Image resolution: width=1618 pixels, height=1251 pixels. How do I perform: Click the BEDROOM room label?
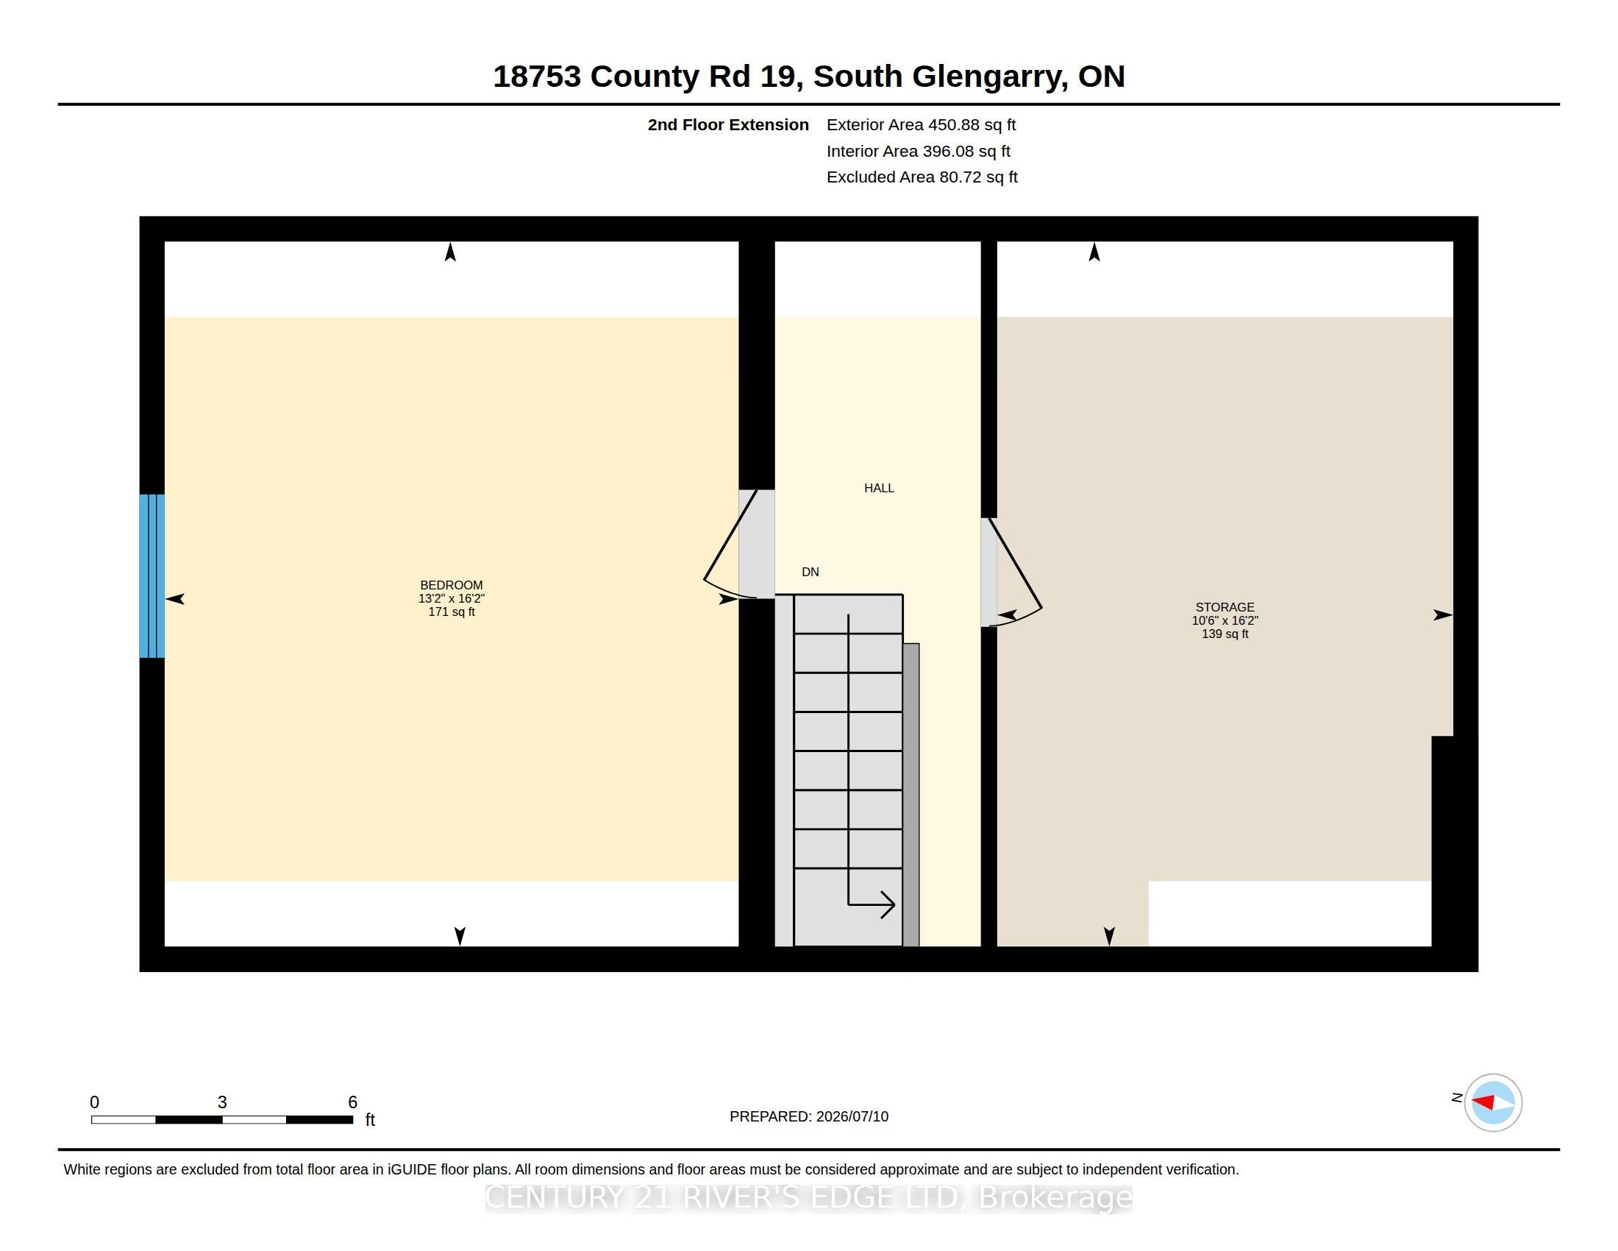(x=451, y=586)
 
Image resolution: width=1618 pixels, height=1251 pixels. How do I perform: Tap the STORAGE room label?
(x=1225, y=607)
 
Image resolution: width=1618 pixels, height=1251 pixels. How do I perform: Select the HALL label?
(x=879, y=488)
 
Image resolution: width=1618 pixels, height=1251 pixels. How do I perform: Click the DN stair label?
(x=810, y=571)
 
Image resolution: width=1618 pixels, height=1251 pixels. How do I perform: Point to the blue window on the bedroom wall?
(x=152, y=576)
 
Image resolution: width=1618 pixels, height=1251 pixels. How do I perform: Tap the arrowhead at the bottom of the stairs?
(x=888, y=904)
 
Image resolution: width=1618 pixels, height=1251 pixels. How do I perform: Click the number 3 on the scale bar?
(x=221, y=1102)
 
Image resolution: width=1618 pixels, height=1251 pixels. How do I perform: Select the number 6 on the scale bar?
(x=352, y=1102)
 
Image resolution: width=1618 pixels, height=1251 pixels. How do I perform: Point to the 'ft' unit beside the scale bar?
(x=371, y=1120)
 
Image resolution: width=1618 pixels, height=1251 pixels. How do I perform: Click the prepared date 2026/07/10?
(x=852, y=1116)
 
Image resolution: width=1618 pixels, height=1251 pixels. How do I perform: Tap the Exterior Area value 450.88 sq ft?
(x=972, y=124)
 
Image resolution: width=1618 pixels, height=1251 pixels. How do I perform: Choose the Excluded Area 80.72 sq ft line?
(x=922, y=177)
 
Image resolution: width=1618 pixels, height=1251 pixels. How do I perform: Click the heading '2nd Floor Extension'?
(x=728, y=124)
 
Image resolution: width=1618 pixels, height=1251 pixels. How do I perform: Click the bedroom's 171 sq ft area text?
(x=451, y=612)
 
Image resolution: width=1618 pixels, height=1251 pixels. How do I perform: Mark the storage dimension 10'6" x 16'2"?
(x=1225, y=620)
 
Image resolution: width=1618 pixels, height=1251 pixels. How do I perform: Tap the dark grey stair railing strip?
(x=911, y=795)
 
